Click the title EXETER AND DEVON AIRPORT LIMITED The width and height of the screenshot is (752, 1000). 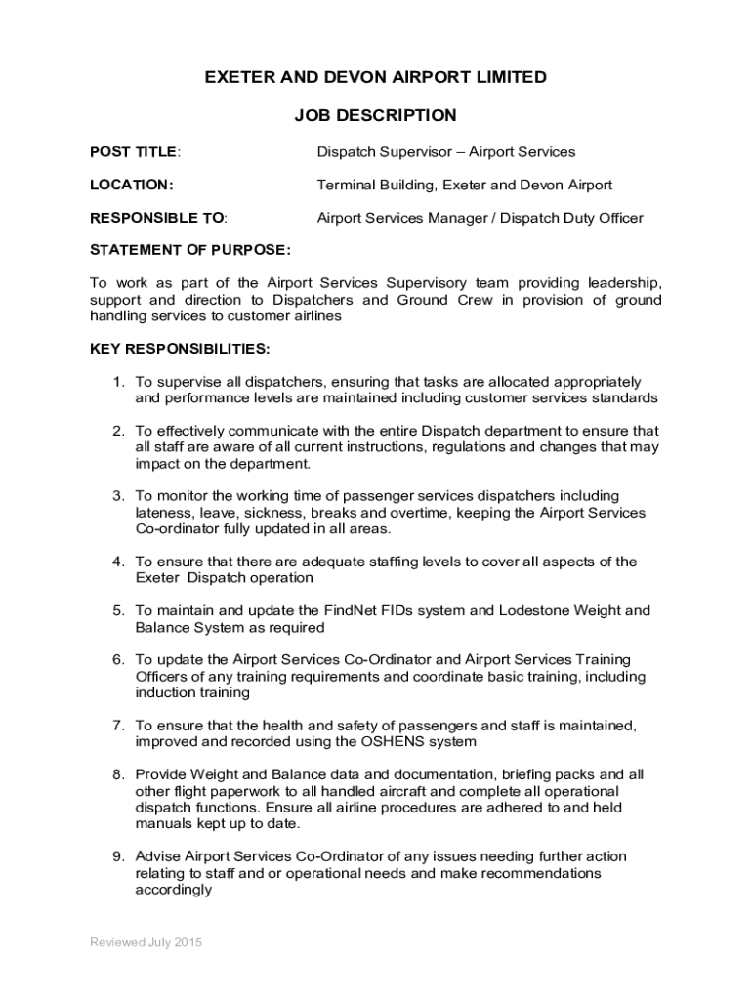pyautogui.click(x=375, y=78)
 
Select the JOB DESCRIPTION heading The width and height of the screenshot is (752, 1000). pyautogui.click(x=375, y=116)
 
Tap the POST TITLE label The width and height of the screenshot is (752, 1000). pyautogui.click(x=134, y=152)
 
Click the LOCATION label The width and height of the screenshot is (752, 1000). pyautogui.click(x=132, y=185)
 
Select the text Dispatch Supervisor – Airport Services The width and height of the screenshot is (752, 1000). pyautogui.click(x=446, y=152)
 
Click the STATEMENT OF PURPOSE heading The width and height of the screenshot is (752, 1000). pyautogui.click(x=189, y=250)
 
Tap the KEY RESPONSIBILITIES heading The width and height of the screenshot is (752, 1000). pyautogui.click(x=180, y=349)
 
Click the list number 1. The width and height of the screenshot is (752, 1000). pyautogui.click(x=116, y=382)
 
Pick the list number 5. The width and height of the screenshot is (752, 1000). pyautogui.click(x=116, y=611)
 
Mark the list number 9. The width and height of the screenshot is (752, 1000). pyautogui.click(x=116, y=857)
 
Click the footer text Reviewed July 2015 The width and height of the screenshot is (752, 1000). pyautogui.click(x=146, y=942)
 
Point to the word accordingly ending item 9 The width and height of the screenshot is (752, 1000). pyautogui.click(x=173, y=891)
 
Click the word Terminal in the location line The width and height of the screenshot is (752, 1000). pyautogui.click(x=346, y=185)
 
